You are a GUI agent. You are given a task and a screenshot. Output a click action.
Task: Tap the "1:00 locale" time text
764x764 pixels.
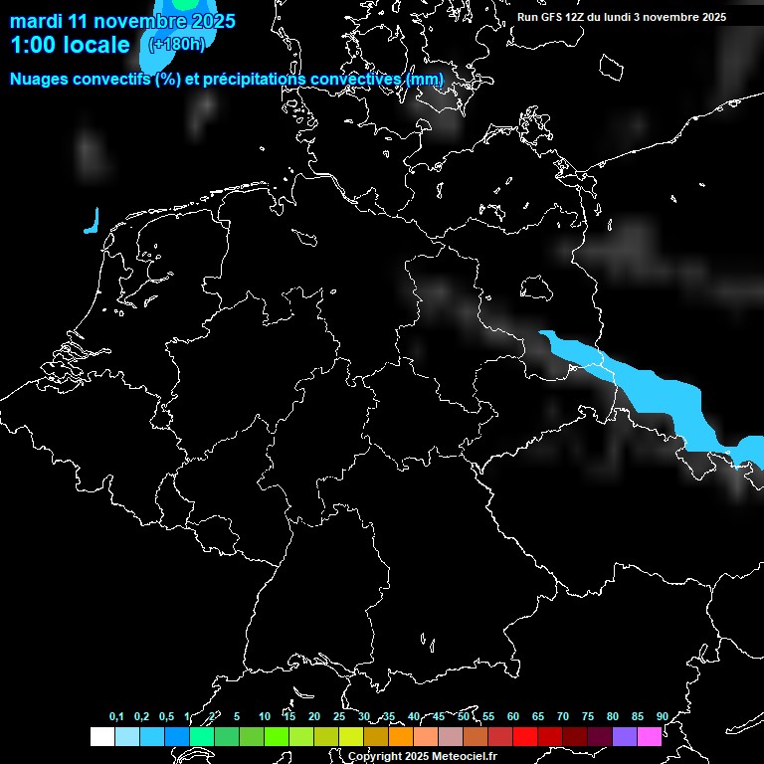tap(70, 45)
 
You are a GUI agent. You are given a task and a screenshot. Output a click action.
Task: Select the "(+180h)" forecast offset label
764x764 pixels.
tap(176, 44)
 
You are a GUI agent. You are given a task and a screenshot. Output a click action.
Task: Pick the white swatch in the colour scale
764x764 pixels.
tap(102, 737)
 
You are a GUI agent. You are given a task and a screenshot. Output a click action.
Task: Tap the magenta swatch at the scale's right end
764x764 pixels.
tap(650, 737)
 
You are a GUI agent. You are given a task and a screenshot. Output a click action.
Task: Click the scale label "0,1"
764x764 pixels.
tap(116, 716)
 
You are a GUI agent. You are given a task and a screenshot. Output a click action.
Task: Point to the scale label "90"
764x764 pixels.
tap(662, 716)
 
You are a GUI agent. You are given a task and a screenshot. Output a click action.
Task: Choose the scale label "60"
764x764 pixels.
tap(512, 716)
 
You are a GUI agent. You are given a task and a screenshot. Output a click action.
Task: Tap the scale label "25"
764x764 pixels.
tap(338, 716)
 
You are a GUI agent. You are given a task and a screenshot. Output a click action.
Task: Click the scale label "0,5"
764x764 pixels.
tap(166, 716)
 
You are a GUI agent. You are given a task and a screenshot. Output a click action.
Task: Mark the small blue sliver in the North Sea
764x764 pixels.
tap(93, 221)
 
